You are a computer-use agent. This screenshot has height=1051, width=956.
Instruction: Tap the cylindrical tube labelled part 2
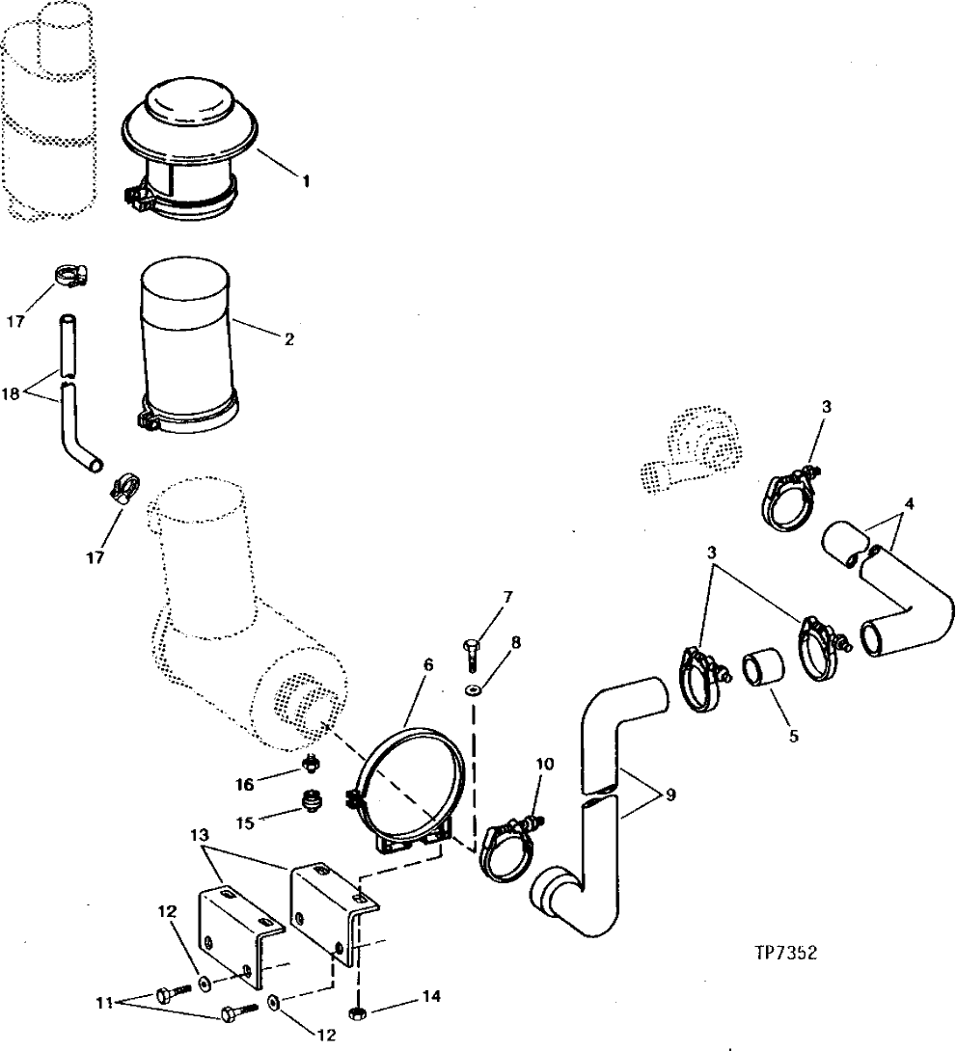coord(187,337)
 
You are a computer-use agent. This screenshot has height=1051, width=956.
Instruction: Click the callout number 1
coord(307,180)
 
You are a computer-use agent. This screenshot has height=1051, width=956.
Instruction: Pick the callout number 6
coord(428,664)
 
